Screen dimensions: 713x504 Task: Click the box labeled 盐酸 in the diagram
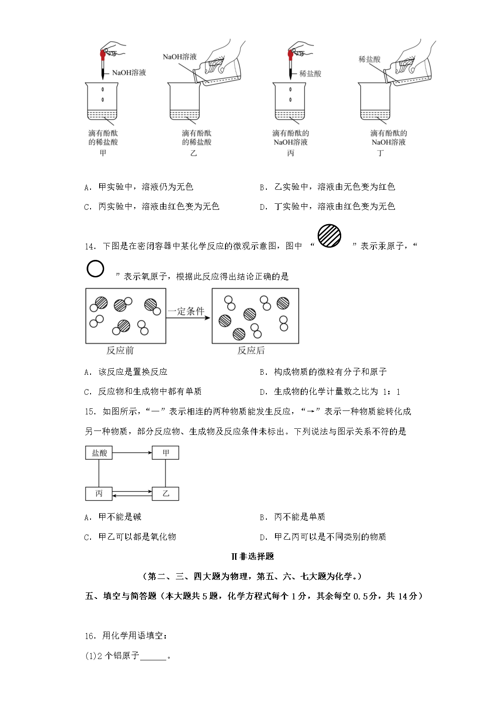pyautogui.click(x=99, y=453)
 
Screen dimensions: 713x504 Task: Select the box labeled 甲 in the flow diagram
pyautogui.click(x=165, y=453)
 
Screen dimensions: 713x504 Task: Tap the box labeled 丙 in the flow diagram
pyautogui.click(x=99, y=493)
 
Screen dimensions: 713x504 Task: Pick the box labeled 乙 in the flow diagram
pyautogui.click(x=165, y=493)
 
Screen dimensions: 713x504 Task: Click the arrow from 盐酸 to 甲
pyautogui.click(x=132, y=453)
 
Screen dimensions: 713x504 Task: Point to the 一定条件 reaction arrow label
pyautogui.click(x=186, y=311)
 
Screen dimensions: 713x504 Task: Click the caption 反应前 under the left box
pyautogui.click(x=120, y=350)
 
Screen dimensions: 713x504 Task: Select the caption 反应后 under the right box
pyautogui.click(x=251, y=350)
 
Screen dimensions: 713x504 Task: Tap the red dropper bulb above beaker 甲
pyautogui.click(x=103, y=54)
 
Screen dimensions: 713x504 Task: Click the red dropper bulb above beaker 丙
pyautogui.click(x=290, y=55)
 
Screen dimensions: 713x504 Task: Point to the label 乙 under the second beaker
pyautogui.click(x=194, y=153)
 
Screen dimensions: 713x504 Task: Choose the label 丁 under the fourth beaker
pyautogui.click(x=380, y=153)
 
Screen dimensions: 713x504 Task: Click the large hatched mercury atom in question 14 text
pyautogui.click(x=329, y=236)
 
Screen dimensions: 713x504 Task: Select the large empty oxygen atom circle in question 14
pyautogui.click(x=95, y=269)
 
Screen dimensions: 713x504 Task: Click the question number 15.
pyautogui.click(x=90, y=411)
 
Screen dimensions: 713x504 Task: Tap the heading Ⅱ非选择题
pyautogui.click(x=252, y=556)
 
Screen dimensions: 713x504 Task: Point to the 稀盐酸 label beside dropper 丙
pyautogui.click(x=310, y=74)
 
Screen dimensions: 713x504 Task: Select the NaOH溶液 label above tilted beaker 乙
pyautogui.click(x=180, y=57)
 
